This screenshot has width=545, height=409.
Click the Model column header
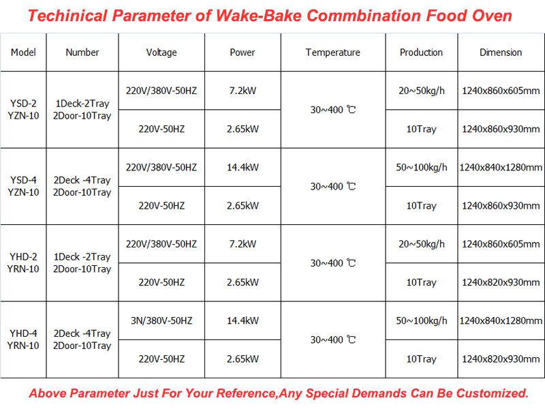pyautogui.click(x=24, y=52)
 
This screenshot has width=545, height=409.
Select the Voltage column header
pyautogui.click(x=161, y=52)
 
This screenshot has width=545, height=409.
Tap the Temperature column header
pyautogui.click(x=332, y=52)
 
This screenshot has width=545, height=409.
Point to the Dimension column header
pyautogui.click(x=501, y=52)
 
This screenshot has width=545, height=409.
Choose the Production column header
pyautogui.click(x=421, y=52)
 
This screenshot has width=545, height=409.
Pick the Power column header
pyautogui.click(x=243, y=52)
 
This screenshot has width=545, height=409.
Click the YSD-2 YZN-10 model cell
pyautogui.click(x=24, y=110)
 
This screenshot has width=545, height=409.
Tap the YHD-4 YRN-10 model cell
pyautogui.click(x=24, y=339)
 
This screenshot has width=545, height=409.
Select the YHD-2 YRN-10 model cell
pyautogui.click(x=24, y=263)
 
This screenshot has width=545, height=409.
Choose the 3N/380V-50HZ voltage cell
pyautogui.click(x=161, y=320)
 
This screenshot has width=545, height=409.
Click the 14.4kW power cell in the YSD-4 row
pyautogui.click(x=243, y=167)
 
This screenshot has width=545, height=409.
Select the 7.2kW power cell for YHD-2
pyautogui.click(x=243, y=244)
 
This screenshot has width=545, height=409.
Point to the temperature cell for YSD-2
pyautogui.click(x=333, y=110)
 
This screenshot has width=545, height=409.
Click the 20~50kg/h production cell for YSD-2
pyautogui.click(x=421, y=91)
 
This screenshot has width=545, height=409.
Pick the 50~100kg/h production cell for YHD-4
pyautogui.click(x=421, y=320)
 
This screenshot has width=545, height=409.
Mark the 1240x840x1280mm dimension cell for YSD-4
pyautogui.click(x=501, y=167)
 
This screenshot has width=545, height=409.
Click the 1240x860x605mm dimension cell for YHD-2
pyautogui.click(x=501, y=244)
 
